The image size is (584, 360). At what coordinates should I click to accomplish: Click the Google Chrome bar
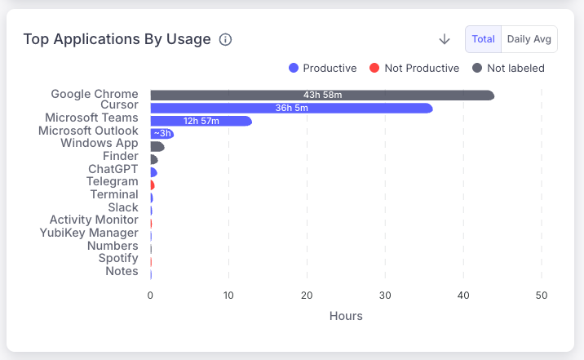click(322, 96)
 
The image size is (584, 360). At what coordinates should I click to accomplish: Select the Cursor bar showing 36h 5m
click(291, 108)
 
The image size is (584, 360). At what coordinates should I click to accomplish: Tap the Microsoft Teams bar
click(201, 121)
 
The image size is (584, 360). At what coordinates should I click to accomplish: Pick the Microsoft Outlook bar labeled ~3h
click(161, 133)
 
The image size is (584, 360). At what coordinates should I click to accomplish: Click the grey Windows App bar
click(157, 146)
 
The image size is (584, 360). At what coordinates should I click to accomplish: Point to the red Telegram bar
click(152, 185)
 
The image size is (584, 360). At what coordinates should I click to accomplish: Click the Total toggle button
click(483, 39)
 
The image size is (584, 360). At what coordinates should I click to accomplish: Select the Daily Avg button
click(529, 39)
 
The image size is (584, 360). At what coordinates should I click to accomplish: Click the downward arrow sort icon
click(445, 39)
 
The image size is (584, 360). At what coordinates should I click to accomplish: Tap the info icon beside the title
click(226, 40)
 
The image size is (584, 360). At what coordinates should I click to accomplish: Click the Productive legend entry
click(323, 68)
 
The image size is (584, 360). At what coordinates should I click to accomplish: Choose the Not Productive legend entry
click(414, 68)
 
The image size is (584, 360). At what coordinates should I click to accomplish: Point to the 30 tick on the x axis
click(385, 295)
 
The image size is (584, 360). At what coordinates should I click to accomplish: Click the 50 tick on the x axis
click(542, 295)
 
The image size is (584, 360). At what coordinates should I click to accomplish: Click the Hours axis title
click(346, 316)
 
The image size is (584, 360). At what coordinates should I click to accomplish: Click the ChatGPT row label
click(113, 169)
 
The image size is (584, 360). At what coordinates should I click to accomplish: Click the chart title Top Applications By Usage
click(117, 39)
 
